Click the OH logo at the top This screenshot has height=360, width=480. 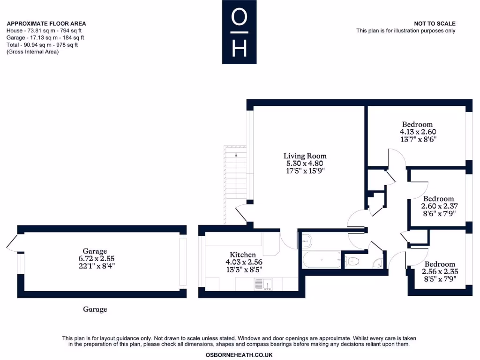point(240,32)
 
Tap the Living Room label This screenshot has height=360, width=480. point(305,156)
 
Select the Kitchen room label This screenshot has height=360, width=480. point(242,255)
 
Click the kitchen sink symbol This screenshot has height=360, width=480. point(263,284)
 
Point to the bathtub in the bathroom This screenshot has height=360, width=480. point(321,260)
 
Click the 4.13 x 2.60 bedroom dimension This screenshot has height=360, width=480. point(417,132)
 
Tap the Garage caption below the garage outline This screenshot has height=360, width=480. point(95,309)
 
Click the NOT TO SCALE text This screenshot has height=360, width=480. point(435,24)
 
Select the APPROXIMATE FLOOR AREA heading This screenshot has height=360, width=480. point(46,24)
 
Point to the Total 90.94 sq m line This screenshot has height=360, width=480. point(42,45)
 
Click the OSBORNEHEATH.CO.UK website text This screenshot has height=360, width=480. point(239,355)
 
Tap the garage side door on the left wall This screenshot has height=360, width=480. point(13,242)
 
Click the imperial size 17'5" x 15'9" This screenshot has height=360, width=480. point(305,171)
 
